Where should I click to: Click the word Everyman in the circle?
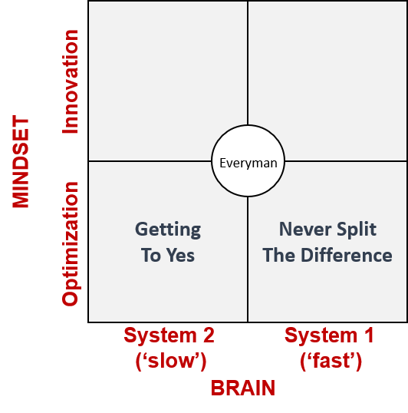coord(248,164)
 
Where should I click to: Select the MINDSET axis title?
coord(21,161)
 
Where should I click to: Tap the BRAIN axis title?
coord(243,388)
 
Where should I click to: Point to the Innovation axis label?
coord(70,81)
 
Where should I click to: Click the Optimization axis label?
coord(71,244)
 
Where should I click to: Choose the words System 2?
coord(169,335)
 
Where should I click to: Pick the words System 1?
coord(329,335)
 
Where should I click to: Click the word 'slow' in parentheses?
coord(171,361)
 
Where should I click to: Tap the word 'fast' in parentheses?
coord(331,361)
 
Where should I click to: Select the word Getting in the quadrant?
coord(168,230)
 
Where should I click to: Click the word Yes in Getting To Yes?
coord(180,255)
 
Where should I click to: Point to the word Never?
coord(305,229)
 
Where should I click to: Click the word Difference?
coord(346,255)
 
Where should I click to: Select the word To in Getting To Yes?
coord(151,255)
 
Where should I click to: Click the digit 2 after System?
coord(209,335)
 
